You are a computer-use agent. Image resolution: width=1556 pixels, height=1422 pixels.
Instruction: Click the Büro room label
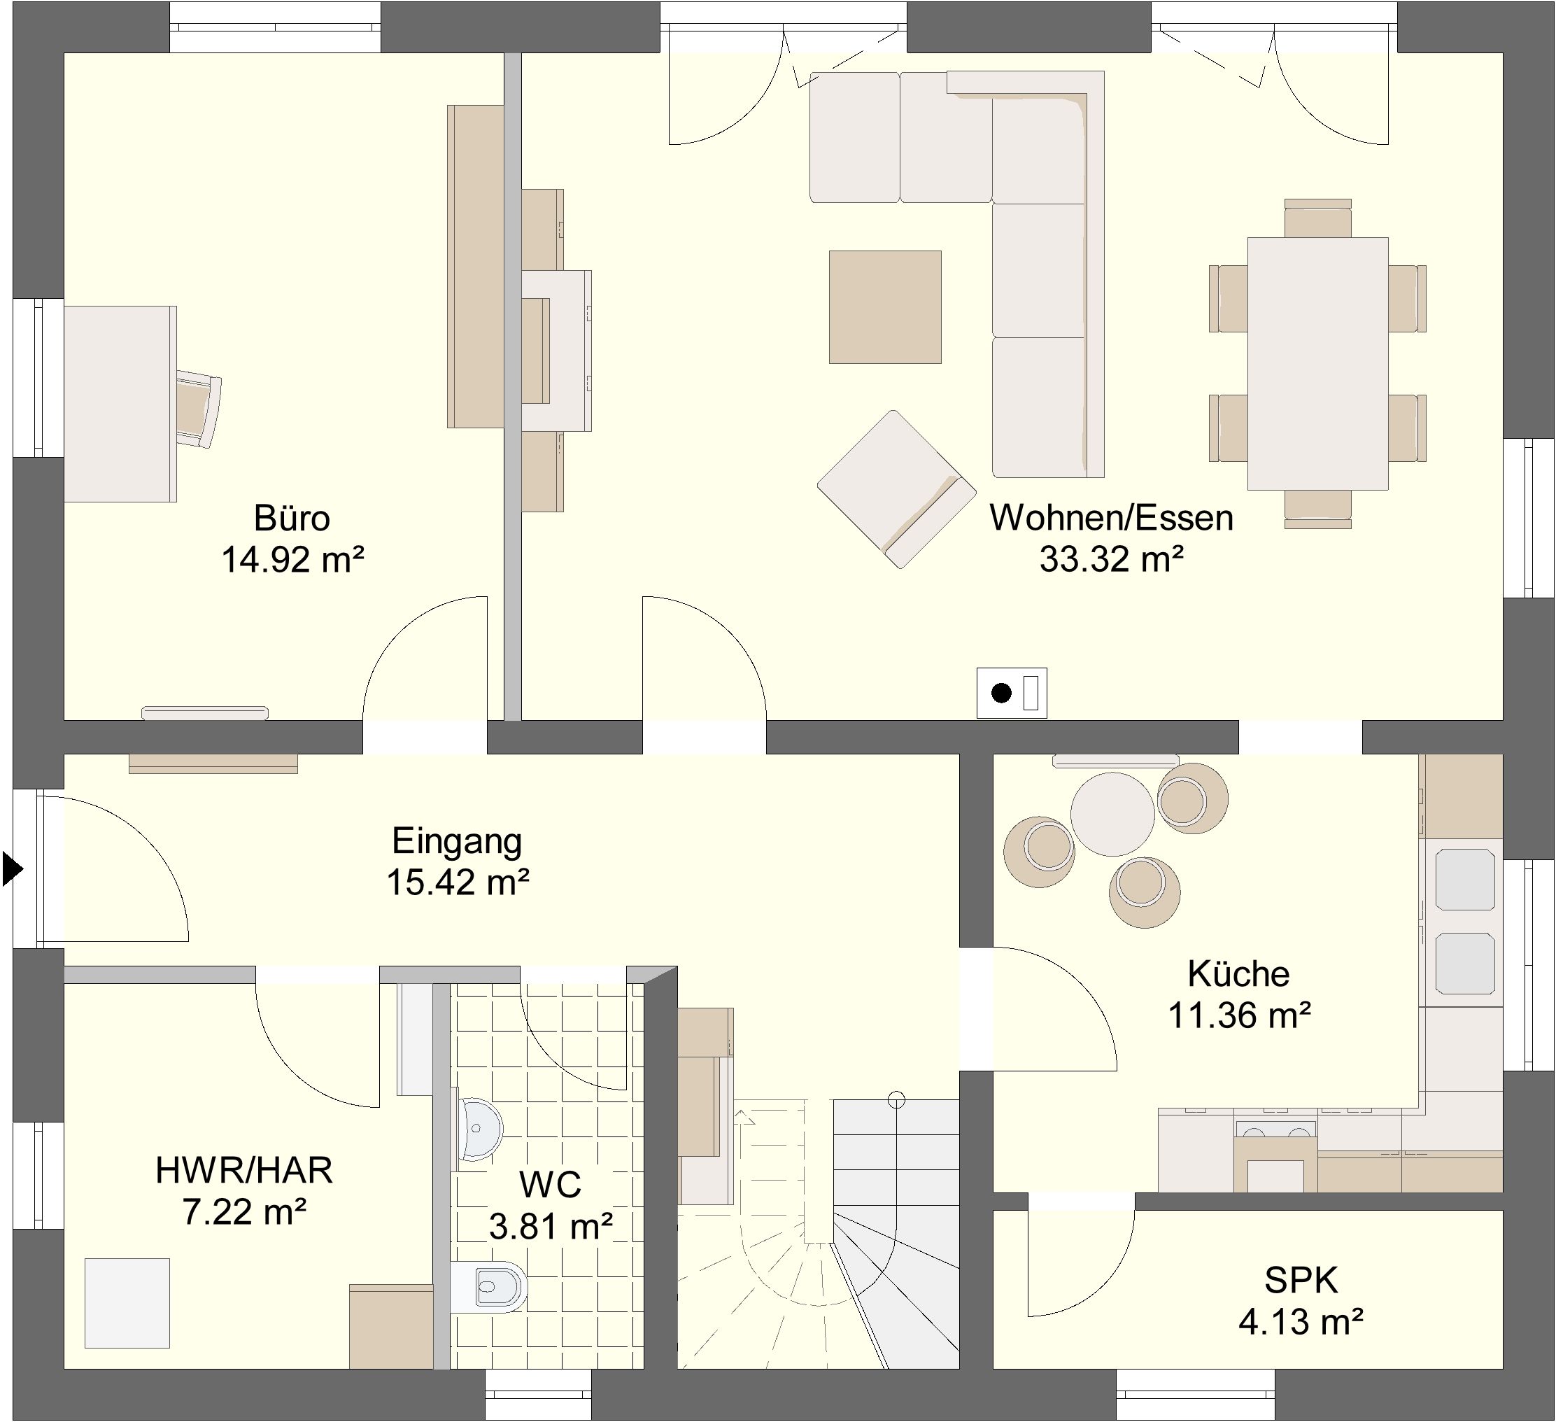(x=292, y=518)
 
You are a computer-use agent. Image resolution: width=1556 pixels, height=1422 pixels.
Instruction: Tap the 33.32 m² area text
(x=1112, y=559)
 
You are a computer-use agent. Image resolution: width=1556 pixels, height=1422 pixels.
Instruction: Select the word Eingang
(x=457, y=841)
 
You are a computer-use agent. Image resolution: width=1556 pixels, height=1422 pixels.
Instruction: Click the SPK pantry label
(x=1301, y=1281)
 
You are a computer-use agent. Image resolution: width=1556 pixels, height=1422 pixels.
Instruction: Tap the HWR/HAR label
(x=244, y=1170)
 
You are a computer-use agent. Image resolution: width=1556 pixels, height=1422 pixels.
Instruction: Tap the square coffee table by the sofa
(x=884, y=307)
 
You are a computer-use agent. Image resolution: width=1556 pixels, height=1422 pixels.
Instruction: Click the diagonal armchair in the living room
(x=896, y=489)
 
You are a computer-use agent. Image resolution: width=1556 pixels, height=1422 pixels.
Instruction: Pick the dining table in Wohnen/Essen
(x=1317, y=364)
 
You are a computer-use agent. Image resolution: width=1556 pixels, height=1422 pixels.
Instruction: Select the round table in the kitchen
(x=1112, y=813)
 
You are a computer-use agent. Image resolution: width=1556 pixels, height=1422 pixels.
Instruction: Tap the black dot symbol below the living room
(x=1001, y=694)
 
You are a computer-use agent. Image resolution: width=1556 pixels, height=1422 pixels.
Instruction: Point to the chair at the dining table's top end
(x=1317, y=218)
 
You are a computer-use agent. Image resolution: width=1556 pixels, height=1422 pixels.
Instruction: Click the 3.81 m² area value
(x=551, y=1226)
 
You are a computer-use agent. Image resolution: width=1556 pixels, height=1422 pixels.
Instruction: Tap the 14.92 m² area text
(x=292, y=559)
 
